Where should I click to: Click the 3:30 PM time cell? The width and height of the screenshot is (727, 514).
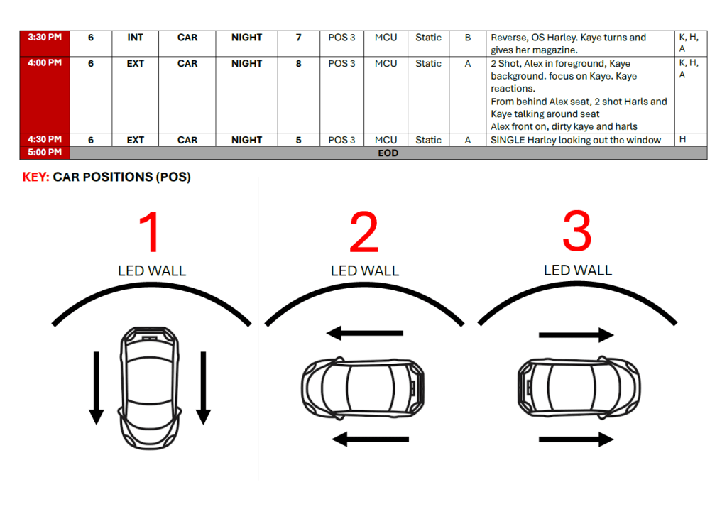tap(44, 38)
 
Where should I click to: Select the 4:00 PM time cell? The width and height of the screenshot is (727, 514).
tap(44, 63)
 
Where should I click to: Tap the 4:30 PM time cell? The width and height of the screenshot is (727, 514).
tap(44, 140)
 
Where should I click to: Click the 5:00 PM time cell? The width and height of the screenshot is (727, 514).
tap(44, 153)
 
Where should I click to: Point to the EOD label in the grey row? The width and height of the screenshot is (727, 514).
tap(388, 153)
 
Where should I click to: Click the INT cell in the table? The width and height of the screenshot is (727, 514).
tap(135, 38)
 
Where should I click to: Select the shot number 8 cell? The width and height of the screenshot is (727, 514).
tap(298, 63)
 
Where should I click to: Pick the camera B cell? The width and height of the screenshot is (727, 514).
tap(468, 38)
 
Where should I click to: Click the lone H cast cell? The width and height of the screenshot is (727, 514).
tap(682, 140)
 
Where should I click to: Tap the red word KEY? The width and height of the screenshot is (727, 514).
tap(35, 177)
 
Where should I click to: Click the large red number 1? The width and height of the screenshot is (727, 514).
tap(151, 233)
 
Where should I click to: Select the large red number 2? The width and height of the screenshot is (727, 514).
tap(363, 233)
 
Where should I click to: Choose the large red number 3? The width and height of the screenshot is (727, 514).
tap(576, 233)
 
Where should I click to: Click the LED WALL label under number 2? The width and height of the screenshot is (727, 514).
tap(365, 271)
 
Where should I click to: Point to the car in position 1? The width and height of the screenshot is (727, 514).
tap(151, 388)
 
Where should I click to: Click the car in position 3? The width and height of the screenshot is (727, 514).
tap(578, 388)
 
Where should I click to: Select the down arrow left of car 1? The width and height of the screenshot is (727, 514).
tap(97, 388)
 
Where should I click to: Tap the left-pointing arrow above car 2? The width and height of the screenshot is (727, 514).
tap(365, 332)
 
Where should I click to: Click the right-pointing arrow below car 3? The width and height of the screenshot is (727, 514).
tap(576, 440)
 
